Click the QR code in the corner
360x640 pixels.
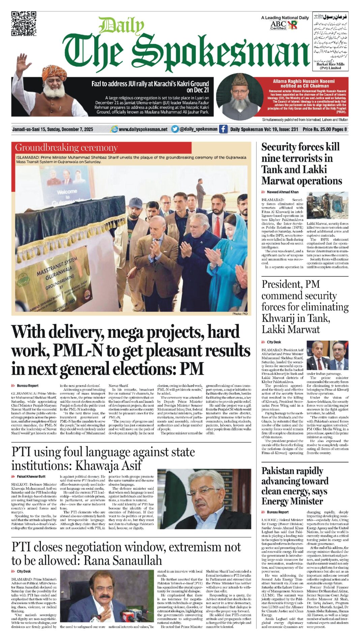tap(24, 24)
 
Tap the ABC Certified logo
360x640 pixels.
tap(278, 25)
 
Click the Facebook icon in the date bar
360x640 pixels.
tap(223, 129)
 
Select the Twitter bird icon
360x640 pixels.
tap(175, 129)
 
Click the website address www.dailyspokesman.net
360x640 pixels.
tap(143, 129)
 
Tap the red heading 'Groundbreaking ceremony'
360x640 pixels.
tap(66, 148)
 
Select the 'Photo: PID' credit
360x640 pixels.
tap(240, 314)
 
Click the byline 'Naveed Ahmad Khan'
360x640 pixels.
tap(282, 192)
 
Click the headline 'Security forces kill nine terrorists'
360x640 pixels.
tap(301, 164)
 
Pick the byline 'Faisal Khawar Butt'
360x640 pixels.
tap(31, 477)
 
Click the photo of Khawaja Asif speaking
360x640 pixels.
tap(204, 499)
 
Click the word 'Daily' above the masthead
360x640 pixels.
tap(121, 26)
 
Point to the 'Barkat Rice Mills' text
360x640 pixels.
tap(330, 64)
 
